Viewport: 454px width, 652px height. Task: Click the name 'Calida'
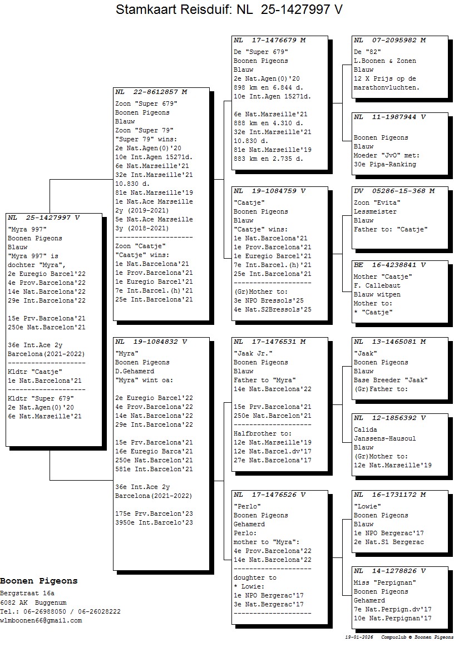[x=366, y=429]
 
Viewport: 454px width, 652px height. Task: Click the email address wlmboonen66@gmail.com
[x=41, y=620]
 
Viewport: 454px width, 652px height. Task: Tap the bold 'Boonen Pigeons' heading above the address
[x=39, y=581]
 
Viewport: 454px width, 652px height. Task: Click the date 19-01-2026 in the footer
[x=359, y=637]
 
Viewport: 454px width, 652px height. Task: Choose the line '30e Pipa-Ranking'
[x=385, y=164]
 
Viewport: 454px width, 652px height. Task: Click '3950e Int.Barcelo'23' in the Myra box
[x=154, y=522]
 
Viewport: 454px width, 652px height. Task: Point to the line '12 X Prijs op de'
[x=385, y=78]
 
